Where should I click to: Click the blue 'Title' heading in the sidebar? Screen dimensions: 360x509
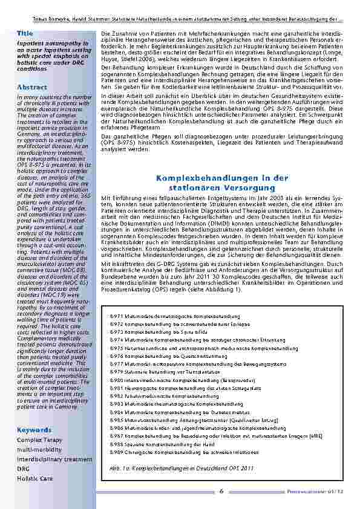[25, 33]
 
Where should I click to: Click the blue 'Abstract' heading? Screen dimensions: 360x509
[32, 87]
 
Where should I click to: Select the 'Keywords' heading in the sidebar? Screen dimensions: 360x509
[34, 430]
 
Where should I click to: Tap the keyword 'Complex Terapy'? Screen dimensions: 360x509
[39, 441]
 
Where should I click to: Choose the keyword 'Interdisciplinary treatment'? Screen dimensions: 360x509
[54, 459]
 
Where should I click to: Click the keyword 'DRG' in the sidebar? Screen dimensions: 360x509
[23, 468]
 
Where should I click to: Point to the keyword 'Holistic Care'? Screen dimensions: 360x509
[34, 478]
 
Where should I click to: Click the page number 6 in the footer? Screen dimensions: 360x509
[221, 491]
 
